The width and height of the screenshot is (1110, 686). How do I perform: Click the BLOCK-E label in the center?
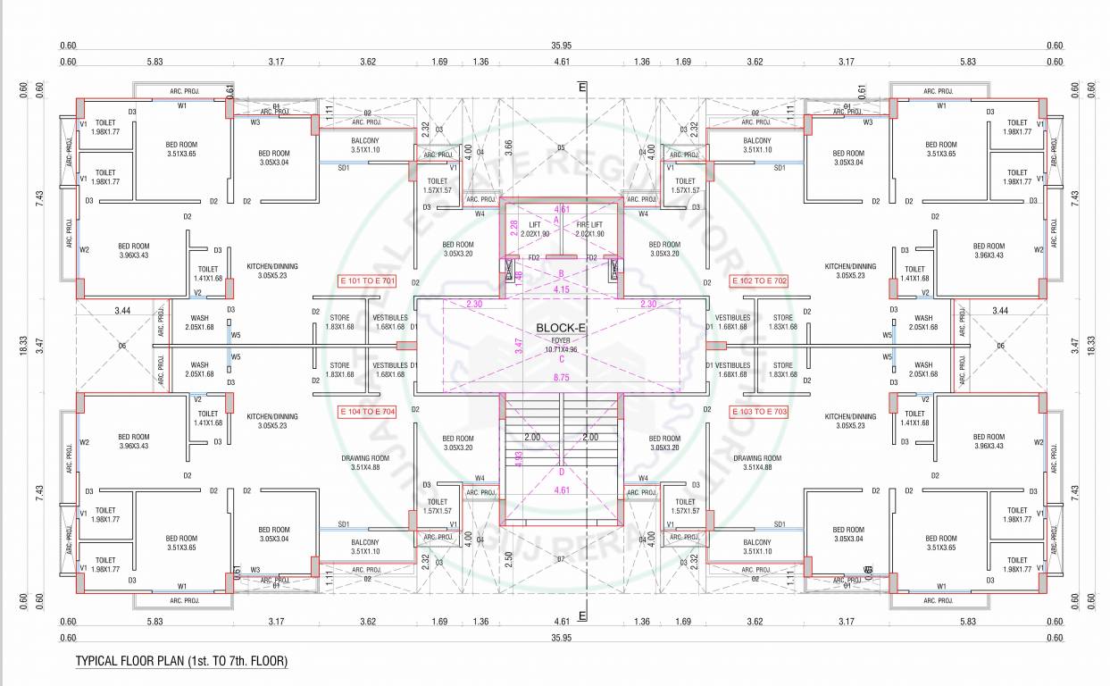560,328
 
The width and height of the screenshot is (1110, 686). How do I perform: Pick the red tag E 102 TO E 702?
759,280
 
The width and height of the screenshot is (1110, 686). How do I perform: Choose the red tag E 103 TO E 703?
759,411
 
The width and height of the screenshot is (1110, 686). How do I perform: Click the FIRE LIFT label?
589,224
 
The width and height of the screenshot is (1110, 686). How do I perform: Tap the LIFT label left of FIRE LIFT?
535,224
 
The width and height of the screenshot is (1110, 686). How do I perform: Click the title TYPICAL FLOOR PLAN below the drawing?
181,662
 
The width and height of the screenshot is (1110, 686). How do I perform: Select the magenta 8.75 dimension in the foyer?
561,379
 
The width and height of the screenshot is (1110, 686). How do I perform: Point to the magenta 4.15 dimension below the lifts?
562,289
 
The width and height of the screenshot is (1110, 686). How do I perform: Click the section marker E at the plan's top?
582,88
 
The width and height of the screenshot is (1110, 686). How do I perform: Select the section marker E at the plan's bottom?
582,616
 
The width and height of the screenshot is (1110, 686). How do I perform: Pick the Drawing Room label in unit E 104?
360,462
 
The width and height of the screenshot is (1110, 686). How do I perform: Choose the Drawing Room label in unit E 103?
757,462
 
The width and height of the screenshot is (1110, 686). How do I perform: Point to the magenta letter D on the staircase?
562,472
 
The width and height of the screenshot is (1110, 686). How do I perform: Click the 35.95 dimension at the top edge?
562,46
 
